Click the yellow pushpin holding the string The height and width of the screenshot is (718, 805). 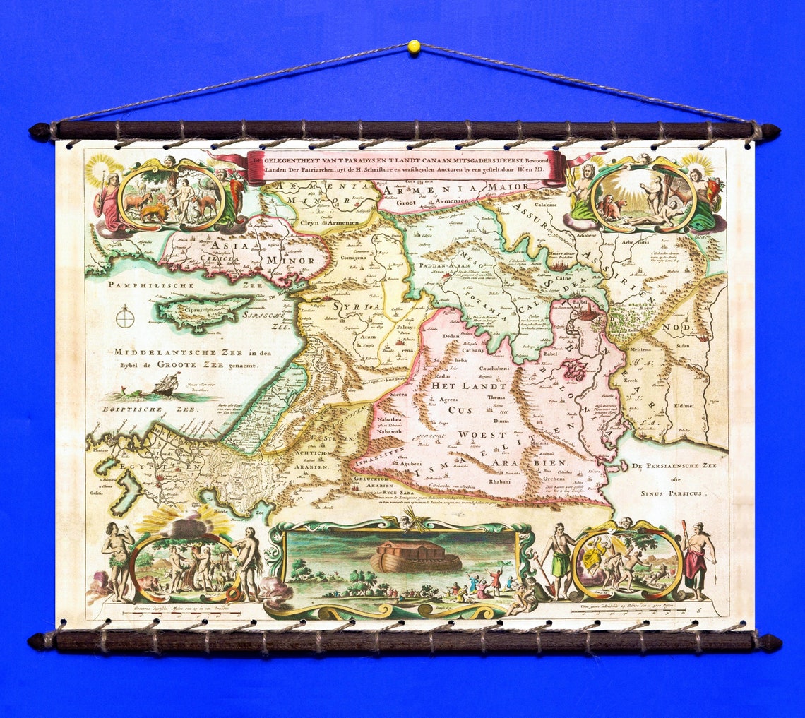(x=414, y=47)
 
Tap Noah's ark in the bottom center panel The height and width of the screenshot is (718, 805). (x=416, y=557)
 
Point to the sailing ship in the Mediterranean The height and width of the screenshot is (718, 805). (x=167, y=385)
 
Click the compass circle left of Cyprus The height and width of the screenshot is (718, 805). (x=125, y=318)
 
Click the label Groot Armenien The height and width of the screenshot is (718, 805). (x=417, y=201)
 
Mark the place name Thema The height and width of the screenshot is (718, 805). (x=496, y=397)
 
